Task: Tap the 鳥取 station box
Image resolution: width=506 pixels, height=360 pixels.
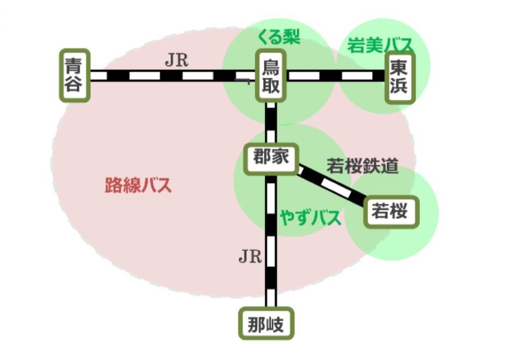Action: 271,76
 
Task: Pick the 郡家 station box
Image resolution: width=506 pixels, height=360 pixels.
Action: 271,158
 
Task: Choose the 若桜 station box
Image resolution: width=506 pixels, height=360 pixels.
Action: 391,212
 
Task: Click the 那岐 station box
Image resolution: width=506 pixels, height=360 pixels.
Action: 266,324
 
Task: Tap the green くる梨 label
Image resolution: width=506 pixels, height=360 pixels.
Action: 279,38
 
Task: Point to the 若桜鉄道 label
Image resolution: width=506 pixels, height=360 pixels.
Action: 362,166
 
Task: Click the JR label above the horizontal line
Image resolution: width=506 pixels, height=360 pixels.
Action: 176,61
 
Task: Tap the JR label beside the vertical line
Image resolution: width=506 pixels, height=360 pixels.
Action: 250,256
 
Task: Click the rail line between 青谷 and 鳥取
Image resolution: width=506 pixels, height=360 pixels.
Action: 169,76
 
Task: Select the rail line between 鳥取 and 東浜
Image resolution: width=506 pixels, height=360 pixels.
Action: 336,76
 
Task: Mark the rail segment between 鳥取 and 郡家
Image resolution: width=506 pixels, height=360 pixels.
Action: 271,123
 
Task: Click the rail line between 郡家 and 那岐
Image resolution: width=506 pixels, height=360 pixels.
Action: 271,241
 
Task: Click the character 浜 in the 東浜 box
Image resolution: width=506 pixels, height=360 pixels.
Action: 399,87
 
